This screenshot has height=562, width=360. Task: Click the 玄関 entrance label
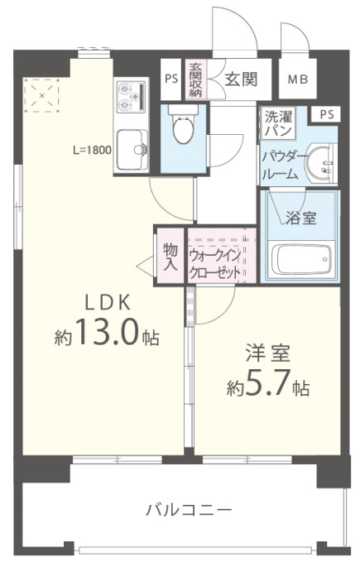point(241,79)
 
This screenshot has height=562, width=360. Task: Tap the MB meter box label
point(296,80)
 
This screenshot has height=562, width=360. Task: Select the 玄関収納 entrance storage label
point(196,80)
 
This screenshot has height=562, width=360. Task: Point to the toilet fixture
point(180,127)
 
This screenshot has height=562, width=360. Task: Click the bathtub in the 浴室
point(303,261)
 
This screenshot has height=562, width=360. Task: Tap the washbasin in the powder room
point(321,162)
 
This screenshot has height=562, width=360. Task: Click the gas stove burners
point(130,98)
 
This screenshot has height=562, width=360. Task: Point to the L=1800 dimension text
point(93,151)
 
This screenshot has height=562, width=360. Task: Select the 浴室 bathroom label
point(300,219)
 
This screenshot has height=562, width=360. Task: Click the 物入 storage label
point(170,257)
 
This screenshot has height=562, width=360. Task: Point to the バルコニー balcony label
point(189,510)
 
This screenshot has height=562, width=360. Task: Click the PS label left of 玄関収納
point(171,80)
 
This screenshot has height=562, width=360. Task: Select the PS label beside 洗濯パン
point(326,115)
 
